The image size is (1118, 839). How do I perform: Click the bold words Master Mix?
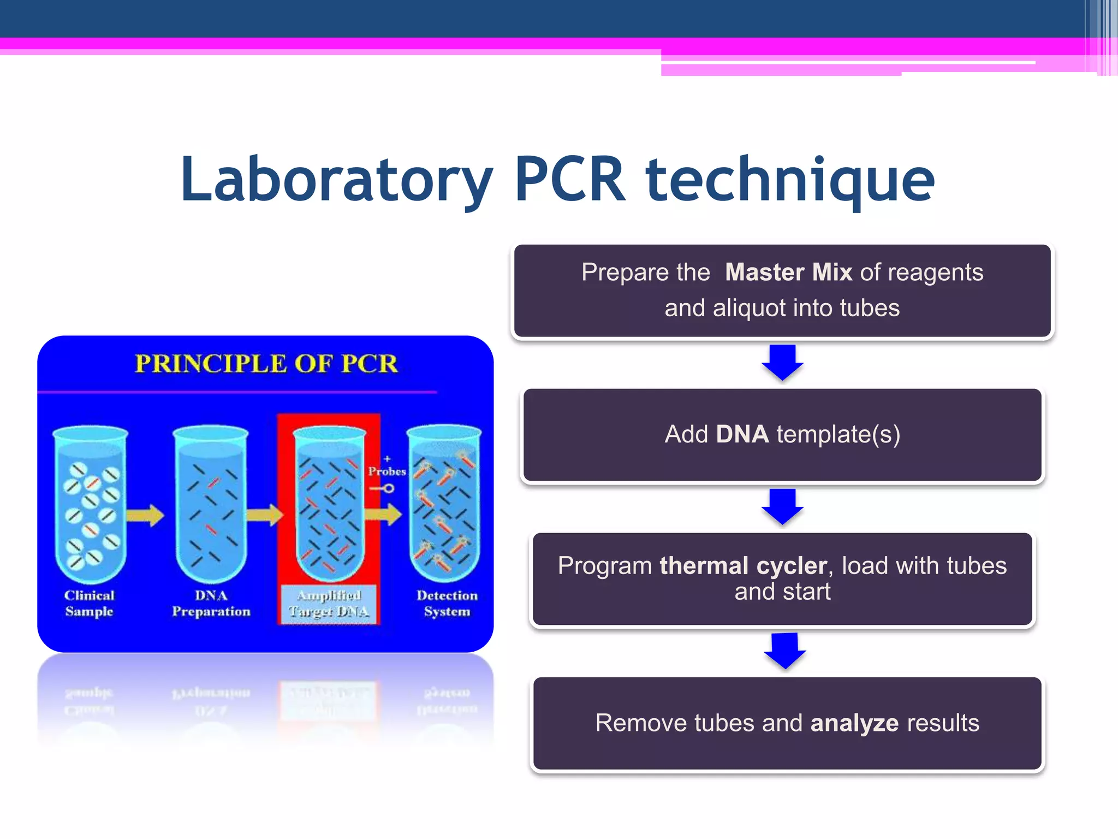(x=788, y=272)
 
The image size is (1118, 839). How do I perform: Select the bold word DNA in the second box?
(x=742, y=435)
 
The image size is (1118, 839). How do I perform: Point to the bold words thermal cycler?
(x=743, y=566)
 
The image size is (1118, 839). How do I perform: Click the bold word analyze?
(x=854, y=723)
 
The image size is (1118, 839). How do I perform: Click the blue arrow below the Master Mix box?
(x=782, y=362)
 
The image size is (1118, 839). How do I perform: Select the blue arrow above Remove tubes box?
(x=785, y=650)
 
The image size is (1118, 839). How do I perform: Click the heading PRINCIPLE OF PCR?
(x=266, y=364)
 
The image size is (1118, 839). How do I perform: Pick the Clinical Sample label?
(x=90, y=604)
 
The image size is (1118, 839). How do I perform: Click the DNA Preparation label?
(x=211, y=604)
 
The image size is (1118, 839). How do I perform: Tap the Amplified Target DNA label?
(x=329, y=604)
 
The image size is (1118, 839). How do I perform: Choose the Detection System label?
(x=447, y=604)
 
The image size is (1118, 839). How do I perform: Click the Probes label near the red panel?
(x=386, y=471)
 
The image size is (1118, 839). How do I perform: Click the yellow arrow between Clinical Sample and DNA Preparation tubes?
(x=145, y=515)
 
